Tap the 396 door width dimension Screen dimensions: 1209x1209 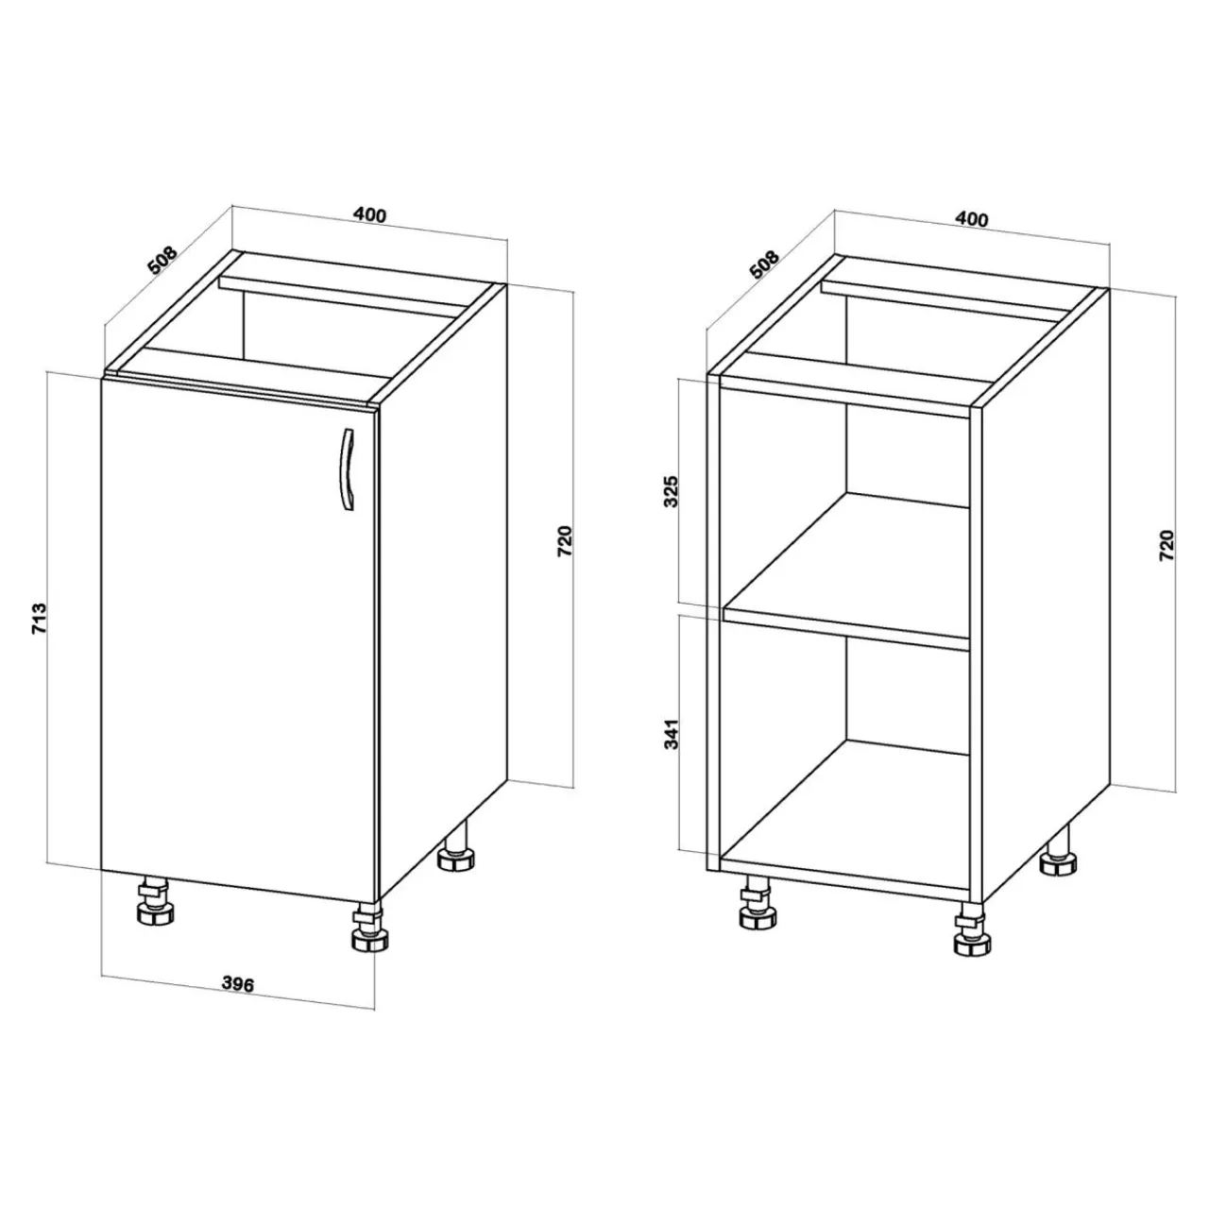238,984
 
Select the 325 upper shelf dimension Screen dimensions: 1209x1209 671,492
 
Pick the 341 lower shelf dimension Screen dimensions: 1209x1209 672,734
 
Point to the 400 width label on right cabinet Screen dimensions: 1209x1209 971,219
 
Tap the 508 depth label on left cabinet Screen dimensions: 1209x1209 163,261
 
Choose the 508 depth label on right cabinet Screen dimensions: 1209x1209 764,264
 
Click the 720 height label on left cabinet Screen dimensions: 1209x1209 564,541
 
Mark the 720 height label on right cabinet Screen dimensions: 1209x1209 1166,546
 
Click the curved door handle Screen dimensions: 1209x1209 346,470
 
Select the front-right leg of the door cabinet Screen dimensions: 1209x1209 369,928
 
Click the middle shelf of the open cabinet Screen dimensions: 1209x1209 847,571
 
